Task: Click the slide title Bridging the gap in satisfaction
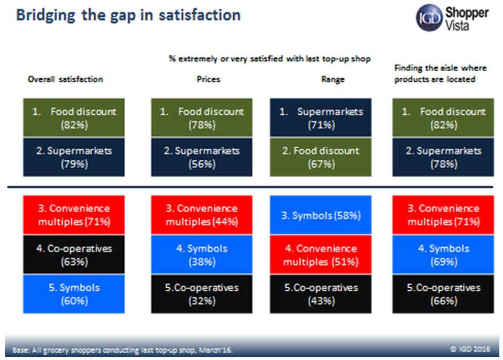click(x=128, y=15)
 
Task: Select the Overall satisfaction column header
click(x=65, y=79)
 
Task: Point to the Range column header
click(x=333, y=79)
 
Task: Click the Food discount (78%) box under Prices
click(x=202, y=118)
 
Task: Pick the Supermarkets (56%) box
click(x=202, y=157)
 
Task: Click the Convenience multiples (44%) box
click(x=202, y=215)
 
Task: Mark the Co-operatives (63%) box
click(x=74, y=254)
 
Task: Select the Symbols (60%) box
click(x=74, y=293)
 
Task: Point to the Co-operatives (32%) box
click(x=202, y=293)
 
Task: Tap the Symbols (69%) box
click(x=443, y=254)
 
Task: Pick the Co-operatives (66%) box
click(x=443, y=293)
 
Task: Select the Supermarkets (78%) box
click(x=443, y=157)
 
